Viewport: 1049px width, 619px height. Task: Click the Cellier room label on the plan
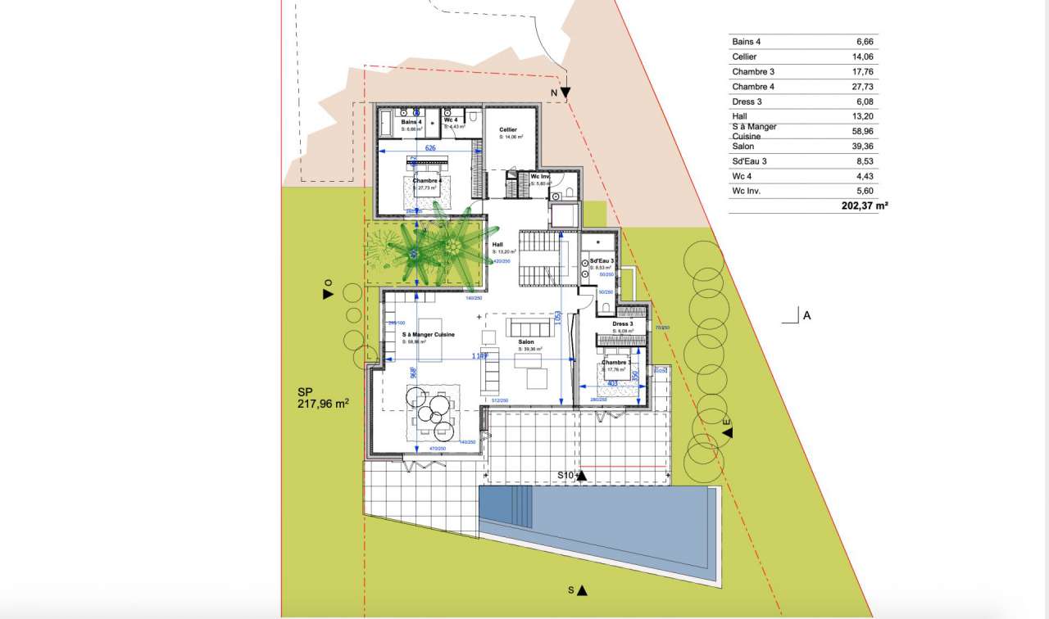[x=508, y=130]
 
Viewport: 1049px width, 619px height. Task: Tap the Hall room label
[x=497, y=244]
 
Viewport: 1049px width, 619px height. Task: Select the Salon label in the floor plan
[x=526, y=342]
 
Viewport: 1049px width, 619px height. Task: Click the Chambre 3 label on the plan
[x=616, y=362]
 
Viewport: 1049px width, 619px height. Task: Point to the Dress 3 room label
[x=623, y=324]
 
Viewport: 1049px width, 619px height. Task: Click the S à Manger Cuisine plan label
[x=428, y=335]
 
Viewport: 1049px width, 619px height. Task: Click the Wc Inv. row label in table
[x=747, y=191]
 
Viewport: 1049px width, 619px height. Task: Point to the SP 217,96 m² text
[x=324, y=398]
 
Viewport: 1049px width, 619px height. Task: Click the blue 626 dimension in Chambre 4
[x=430, y=148]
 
